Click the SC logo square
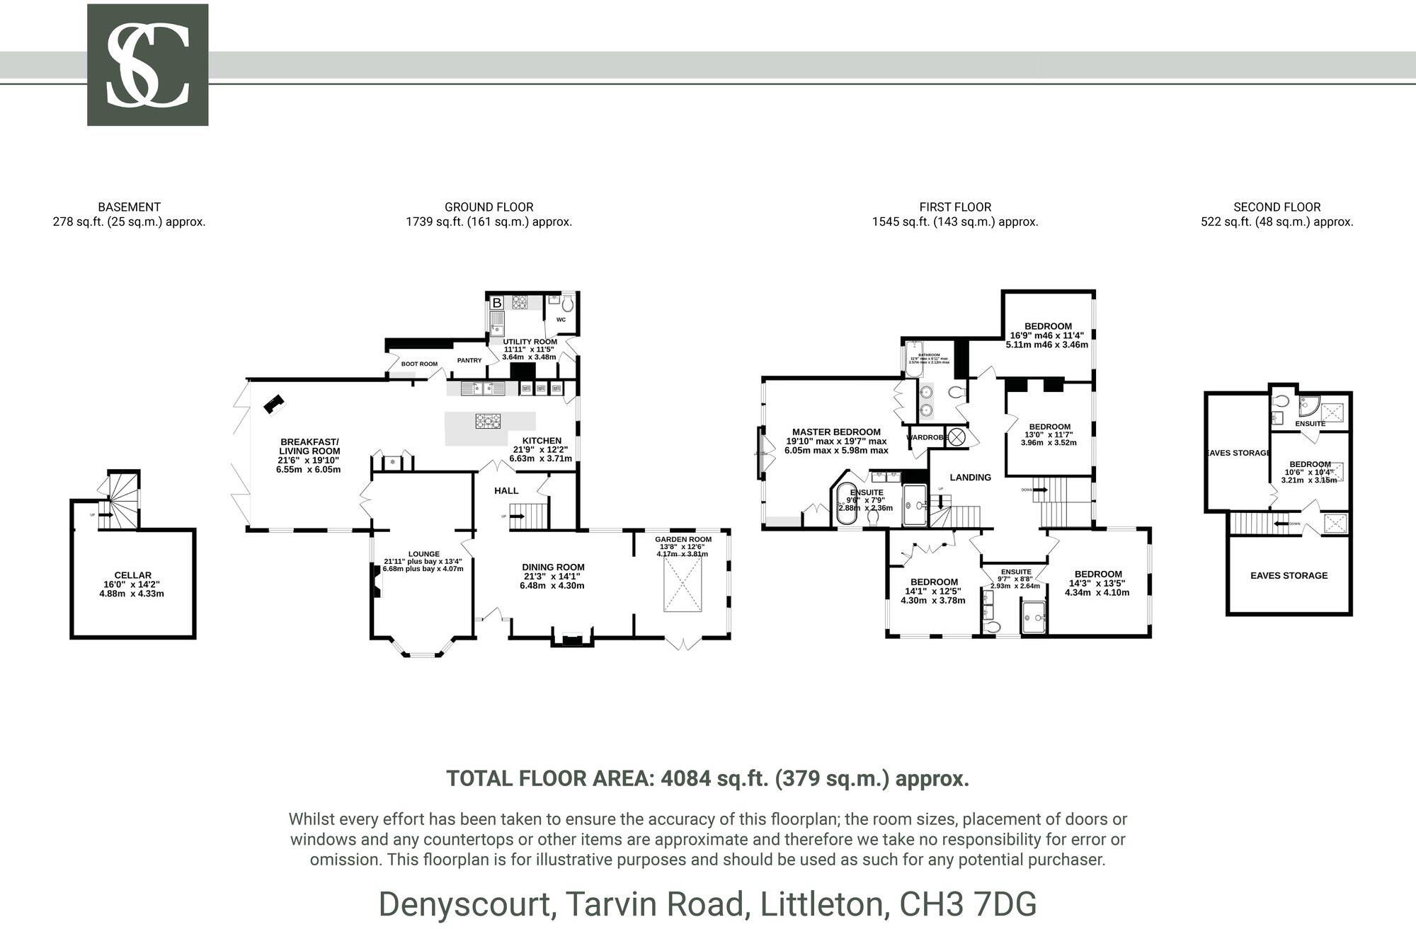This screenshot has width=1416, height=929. click(147, 65)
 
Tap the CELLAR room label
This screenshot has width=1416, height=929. click(132, 575)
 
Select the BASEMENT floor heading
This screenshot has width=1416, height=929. click(129, 207)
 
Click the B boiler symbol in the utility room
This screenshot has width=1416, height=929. click(497, 303)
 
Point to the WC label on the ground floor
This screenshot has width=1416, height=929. click(561, 320)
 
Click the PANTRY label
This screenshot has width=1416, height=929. click(469, 361)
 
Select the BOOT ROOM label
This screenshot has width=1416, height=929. click(419, 364)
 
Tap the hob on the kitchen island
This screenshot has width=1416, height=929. click(487, 421)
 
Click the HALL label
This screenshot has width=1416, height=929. click(506, 490)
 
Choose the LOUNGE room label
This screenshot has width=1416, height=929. click(423, 554)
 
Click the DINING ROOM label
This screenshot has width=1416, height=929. click(553, 567)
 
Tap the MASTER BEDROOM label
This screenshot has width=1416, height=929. click(836, 432)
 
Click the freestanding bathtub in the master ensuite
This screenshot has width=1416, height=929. click(846, 505)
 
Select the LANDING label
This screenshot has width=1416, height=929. click(970, 478)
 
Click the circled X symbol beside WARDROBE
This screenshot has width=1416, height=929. click(957, 437)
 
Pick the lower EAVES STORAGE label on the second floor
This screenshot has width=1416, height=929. click(1289, 575)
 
